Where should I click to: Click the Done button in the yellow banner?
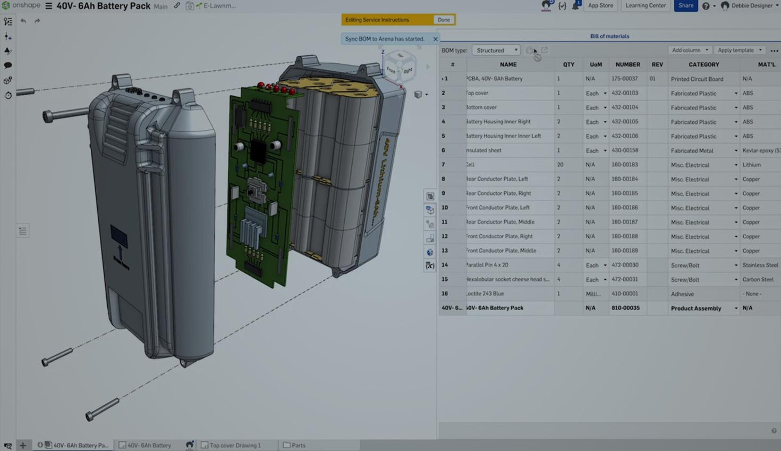[x=444, y=20]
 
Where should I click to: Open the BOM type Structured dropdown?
[x=496, y=50]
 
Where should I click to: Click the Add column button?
[x=689, y=50]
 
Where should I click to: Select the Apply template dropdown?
[x=739, y=50]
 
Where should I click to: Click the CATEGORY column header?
[x=703, y=64]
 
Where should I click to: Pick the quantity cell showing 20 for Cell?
[x=561, y=165]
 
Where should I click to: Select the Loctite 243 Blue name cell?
[x=485, y=294]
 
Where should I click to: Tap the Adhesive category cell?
[x=682, y=294]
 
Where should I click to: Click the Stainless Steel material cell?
[x=760, y=265]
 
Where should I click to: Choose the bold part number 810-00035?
[x=625, y=308]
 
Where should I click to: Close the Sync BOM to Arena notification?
[x=436, y=39]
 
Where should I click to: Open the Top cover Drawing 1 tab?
[x=235, y=445]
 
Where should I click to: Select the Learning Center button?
[x=645, y=5]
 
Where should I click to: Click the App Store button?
[x=600, y=5]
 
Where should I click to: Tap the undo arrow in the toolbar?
[x=23, y=21]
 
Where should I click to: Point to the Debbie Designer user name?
[x=752, y=6]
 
